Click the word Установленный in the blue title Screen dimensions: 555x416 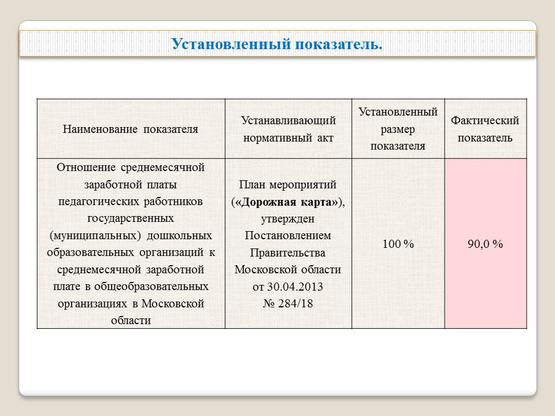coord(231,44)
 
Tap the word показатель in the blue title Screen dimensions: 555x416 coord(339,44)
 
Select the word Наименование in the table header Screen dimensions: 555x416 coord(100,129)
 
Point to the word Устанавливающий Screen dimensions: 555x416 coord(288,120)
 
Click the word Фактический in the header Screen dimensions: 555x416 coord(485,120)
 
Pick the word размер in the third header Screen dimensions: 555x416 coord(398,129)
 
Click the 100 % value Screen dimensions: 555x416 coord(398,244)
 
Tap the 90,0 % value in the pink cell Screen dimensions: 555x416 coord(485,244)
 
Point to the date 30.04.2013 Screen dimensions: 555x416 coord(295,287)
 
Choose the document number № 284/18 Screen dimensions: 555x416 coord(288,303)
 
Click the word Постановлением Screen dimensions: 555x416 coord(288,236)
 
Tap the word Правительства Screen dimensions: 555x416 coord(288,252)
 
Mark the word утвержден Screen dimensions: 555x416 coord(288,219)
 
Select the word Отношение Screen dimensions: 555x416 coord(86,168)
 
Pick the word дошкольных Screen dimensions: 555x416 coord(179,236)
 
